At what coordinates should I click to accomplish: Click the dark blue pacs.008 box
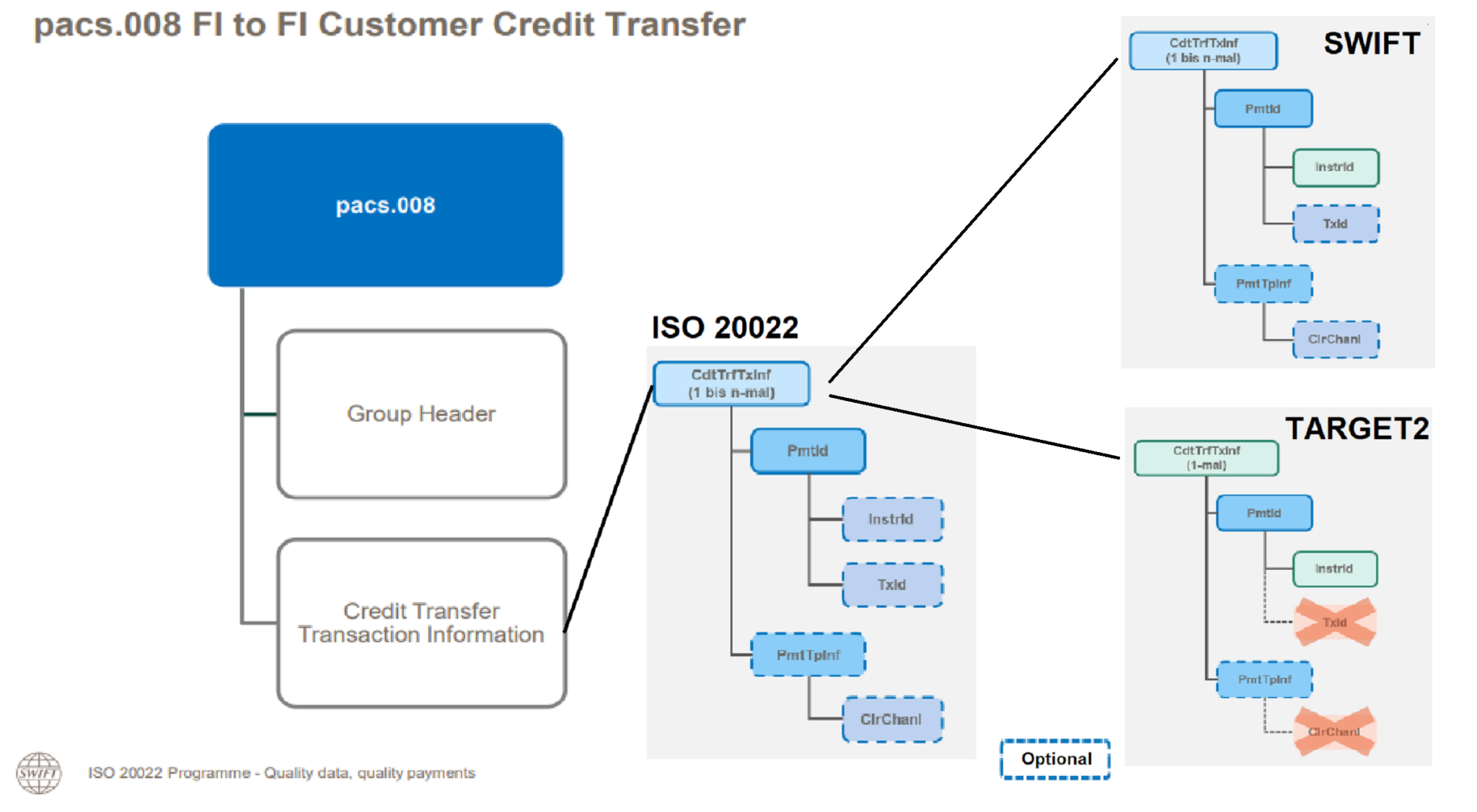[x=385, y=205]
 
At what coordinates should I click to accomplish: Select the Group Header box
[x=421, y=414]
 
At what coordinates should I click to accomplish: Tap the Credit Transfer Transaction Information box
[x=421, y=622]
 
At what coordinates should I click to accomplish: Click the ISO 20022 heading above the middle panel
[x=725, y=327]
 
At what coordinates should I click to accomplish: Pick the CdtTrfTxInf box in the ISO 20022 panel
[x=731, y=384]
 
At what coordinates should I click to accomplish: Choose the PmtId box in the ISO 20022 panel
[x=808, y=451]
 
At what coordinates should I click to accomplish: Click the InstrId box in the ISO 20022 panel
[x=891, y=519]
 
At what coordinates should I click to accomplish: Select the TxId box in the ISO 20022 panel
[x=891, y=585]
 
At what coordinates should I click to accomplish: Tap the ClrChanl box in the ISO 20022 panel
[x=891, y=719]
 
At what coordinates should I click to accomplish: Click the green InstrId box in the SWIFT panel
[x=1335, y=167]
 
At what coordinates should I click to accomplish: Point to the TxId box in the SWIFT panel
[x=1335, y=224]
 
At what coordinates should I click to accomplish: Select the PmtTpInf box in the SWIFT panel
[x=1263, y=283]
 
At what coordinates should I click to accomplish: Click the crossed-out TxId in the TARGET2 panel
[x=1335, y=622]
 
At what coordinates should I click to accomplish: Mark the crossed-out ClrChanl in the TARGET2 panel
[x=1335, y=731]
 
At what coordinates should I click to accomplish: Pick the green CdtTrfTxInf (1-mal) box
[x=1206, y=458]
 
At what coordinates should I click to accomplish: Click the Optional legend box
[x=1055, y=759]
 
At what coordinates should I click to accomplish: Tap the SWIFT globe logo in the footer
[x=39, y=772]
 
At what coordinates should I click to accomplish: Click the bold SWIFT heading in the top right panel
[x=1372, y=43]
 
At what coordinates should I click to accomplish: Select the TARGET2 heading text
[x=1357, y=428]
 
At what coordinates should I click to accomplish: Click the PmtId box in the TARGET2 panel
[x=1264, y=513]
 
